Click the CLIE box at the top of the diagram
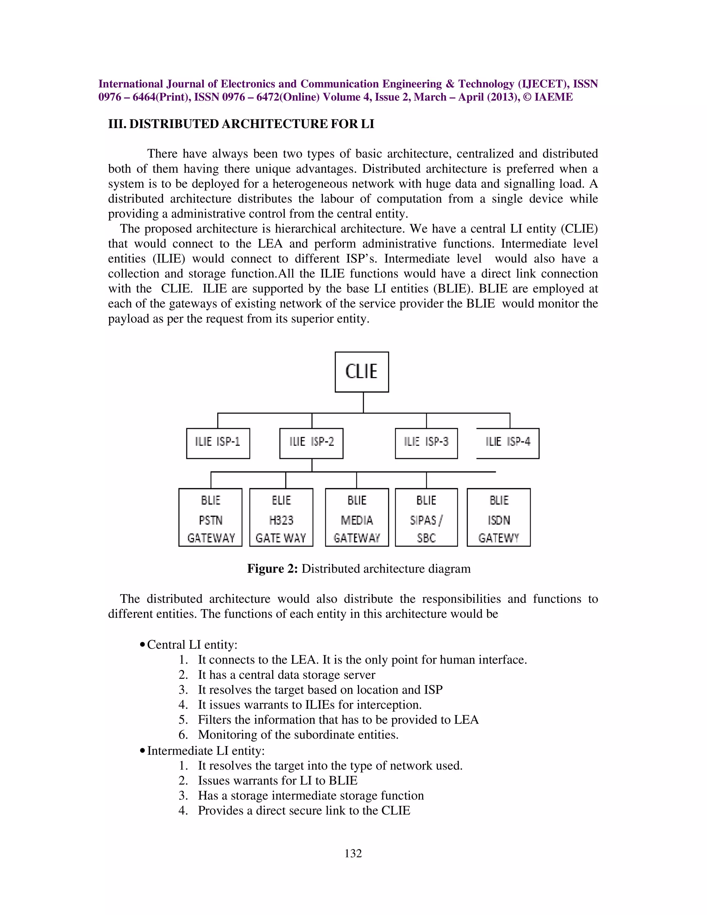(361, 372)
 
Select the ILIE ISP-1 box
(218, 443)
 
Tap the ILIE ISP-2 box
(311, 443)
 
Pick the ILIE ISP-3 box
(426, 443)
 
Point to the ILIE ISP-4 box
(507, 443)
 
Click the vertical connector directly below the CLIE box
(363, 403)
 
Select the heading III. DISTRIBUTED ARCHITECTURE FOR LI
(241, 124)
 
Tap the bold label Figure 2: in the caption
(272, 569)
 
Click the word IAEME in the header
(553, 97)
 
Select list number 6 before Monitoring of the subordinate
(183, 735)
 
